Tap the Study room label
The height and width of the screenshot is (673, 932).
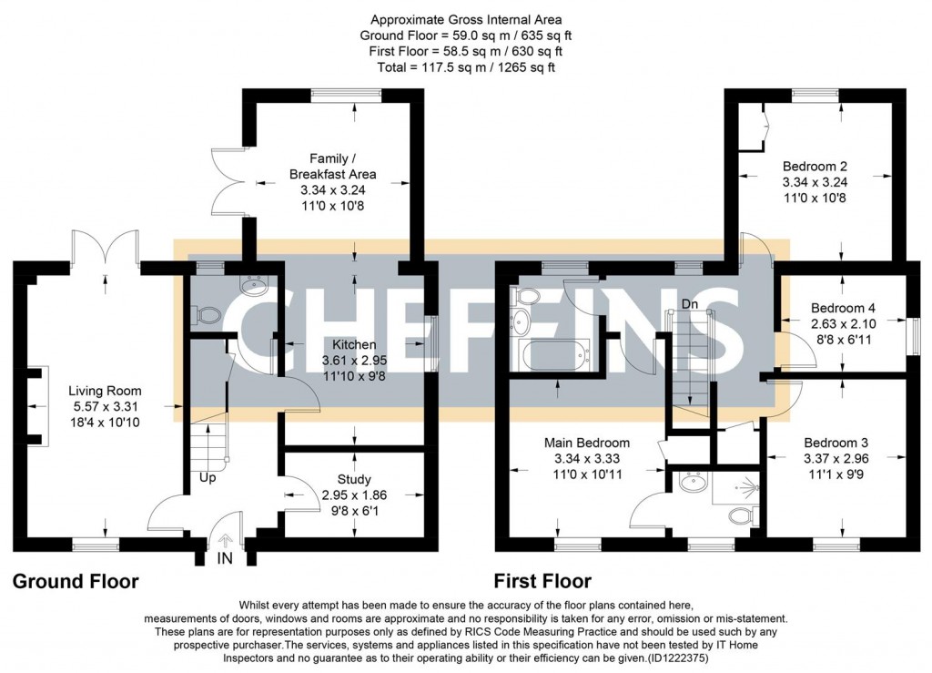point(354,479)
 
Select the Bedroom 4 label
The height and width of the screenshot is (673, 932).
point(842,309)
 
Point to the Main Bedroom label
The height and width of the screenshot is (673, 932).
point(587,443)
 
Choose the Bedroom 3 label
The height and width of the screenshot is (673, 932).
point(842,443)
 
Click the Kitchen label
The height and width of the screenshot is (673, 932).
point(353,345)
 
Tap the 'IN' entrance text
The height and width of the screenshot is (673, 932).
point(224,558)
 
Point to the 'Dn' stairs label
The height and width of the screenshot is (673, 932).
point(690,304)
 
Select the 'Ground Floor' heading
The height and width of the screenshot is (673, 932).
point(76,581)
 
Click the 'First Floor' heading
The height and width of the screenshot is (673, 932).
point(542,581)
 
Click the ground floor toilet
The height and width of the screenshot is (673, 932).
point(208,314)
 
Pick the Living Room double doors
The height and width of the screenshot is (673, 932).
point(105,246)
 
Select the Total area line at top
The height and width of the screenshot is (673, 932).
point(466,66)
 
